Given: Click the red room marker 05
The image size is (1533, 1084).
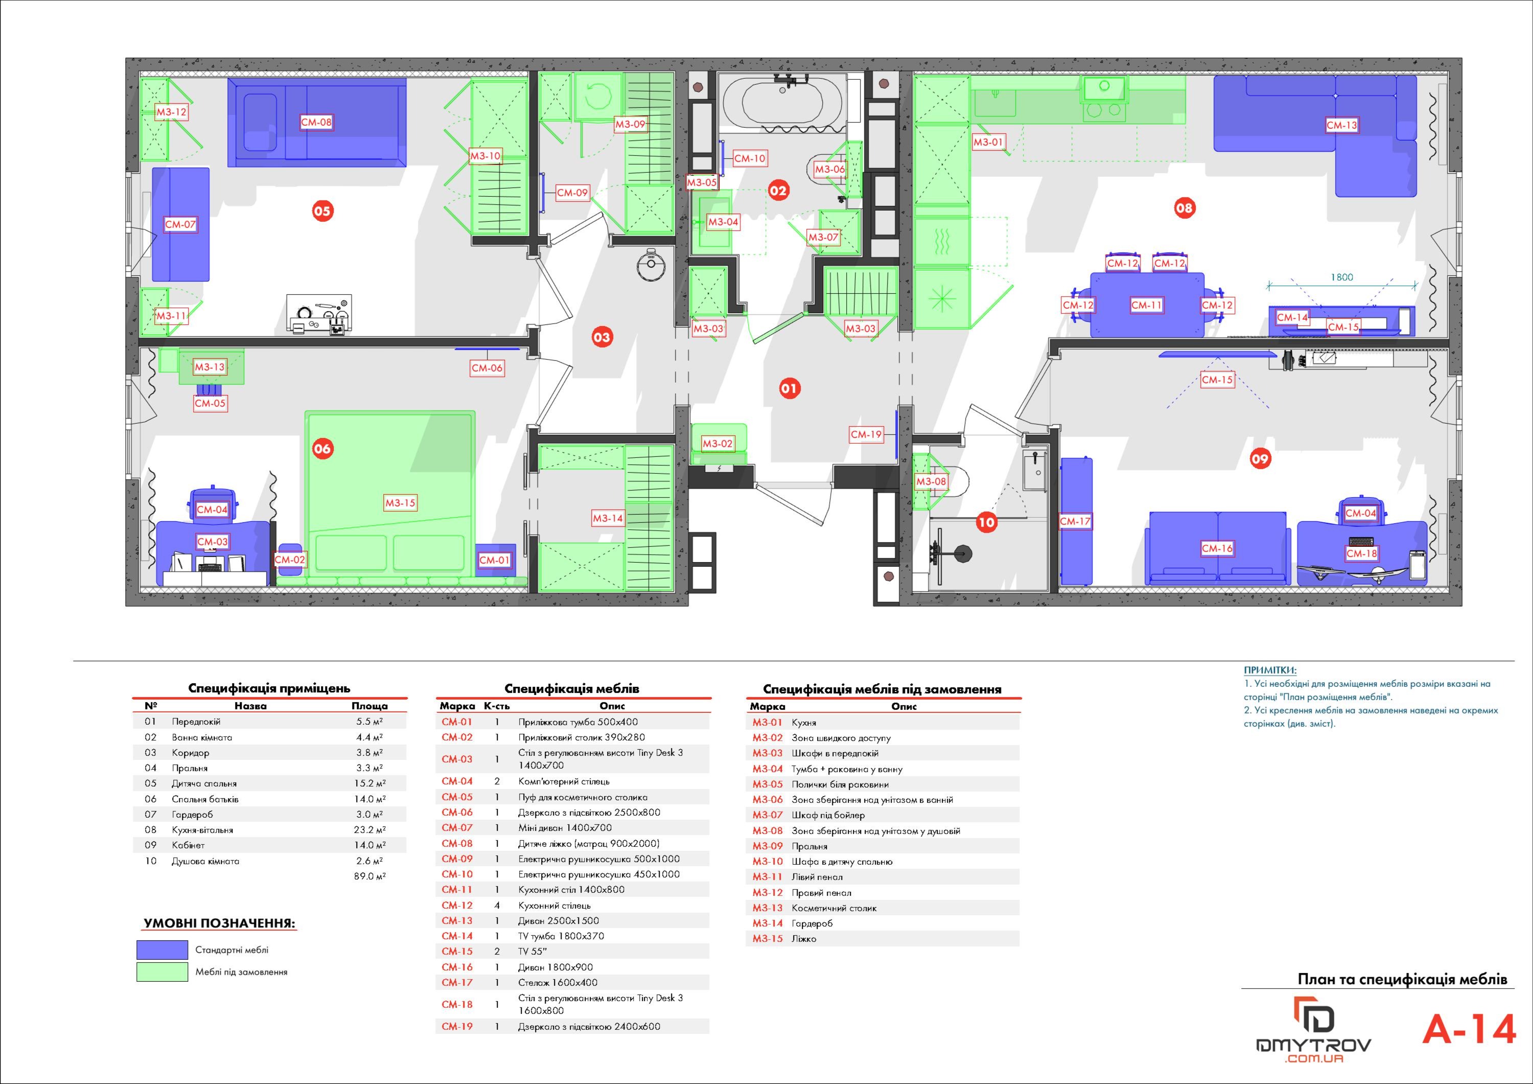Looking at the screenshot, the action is [x=322, y=211].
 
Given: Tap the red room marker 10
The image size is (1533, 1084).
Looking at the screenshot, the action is [x=986, y=522].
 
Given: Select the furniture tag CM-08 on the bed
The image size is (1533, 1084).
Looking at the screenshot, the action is [x=316, y=122].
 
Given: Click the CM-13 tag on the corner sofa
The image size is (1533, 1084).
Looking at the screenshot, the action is [x=1341, y=125].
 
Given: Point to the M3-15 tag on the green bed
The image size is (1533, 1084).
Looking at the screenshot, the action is [x=400, y=503].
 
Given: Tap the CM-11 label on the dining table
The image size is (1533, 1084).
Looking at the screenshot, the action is [x=1146, y=305].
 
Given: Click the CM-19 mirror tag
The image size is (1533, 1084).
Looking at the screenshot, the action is [x=866, y=434].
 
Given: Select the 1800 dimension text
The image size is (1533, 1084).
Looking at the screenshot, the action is [x=1341, y=277].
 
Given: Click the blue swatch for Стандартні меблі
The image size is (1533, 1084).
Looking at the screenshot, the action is [x=162, y=950].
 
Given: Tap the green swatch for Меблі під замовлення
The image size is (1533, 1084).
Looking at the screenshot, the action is [x=162, y=972].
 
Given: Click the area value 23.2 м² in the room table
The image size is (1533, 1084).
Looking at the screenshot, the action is [x=369, y=830].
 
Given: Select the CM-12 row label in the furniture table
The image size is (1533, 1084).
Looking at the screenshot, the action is [x=457, y=906].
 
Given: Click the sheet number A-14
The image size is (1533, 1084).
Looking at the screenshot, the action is [x=1469, y=1029].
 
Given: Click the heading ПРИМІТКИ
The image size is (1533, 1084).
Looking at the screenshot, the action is [x=1270, y=671].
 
